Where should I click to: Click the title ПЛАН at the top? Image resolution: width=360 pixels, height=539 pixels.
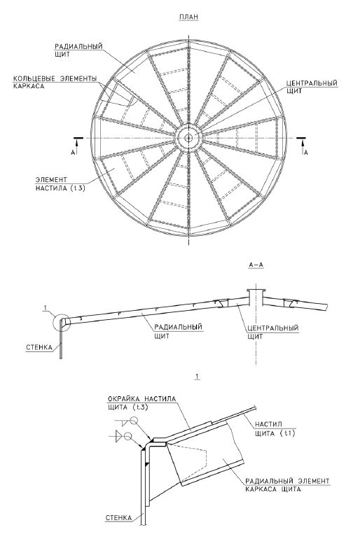click(189, 17)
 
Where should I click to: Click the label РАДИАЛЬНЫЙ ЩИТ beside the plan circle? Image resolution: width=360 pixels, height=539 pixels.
click(78, 50)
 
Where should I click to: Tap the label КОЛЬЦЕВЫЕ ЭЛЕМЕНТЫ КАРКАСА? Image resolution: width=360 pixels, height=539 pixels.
click(55, 82)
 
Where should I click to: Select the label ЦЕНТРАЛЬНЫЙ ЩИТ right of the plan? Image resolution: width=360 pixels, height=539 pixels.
click(312, 87)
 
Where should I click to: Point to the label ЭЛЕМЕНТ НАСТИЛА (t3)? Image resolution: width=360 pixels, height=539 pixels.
click(60, 184)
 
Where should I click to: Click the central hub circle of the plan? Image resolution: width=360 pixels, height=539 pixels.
click(188, 138)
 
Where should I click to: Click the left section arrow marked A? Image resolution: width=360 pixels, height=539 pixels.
click(78, 146)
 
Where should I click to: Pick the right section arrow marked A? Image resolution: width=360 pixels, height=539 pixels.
click(303, 146)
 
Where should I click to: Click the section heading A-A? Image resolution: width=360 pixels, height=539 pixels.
click(256, 265)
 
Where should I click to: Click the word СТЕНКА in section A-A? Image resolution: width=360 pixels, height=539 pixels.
click(39, 347)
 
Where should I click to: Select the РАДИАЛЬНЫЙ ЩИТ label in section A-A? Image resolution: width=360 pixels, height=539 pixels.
click(178, 331)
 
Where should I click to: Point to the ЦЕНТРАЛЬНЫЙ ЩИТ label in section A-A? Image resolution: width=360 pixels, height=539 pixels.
click(272, 332)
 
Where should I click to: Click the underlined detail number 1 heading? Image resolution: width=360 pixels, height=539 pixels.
click(197, 377)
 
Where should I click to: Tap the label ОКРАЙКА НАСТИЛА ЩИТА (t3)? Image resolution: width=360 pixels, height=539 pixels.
click(141, 403)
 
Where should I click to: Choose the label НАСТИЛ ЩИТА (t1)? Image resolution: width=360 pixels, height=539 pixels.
click(275, 429)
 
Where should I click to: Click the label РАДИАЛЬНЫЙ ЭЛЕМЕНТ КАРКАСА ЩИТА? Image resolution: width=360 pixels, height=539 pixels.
click(287, 485)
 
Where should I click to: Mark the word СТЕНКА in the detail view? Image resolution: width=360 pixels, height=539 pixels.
click(118, 518)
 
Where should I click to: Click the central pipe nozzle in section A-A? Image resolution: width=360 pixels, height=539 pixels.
click(256, 297)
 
